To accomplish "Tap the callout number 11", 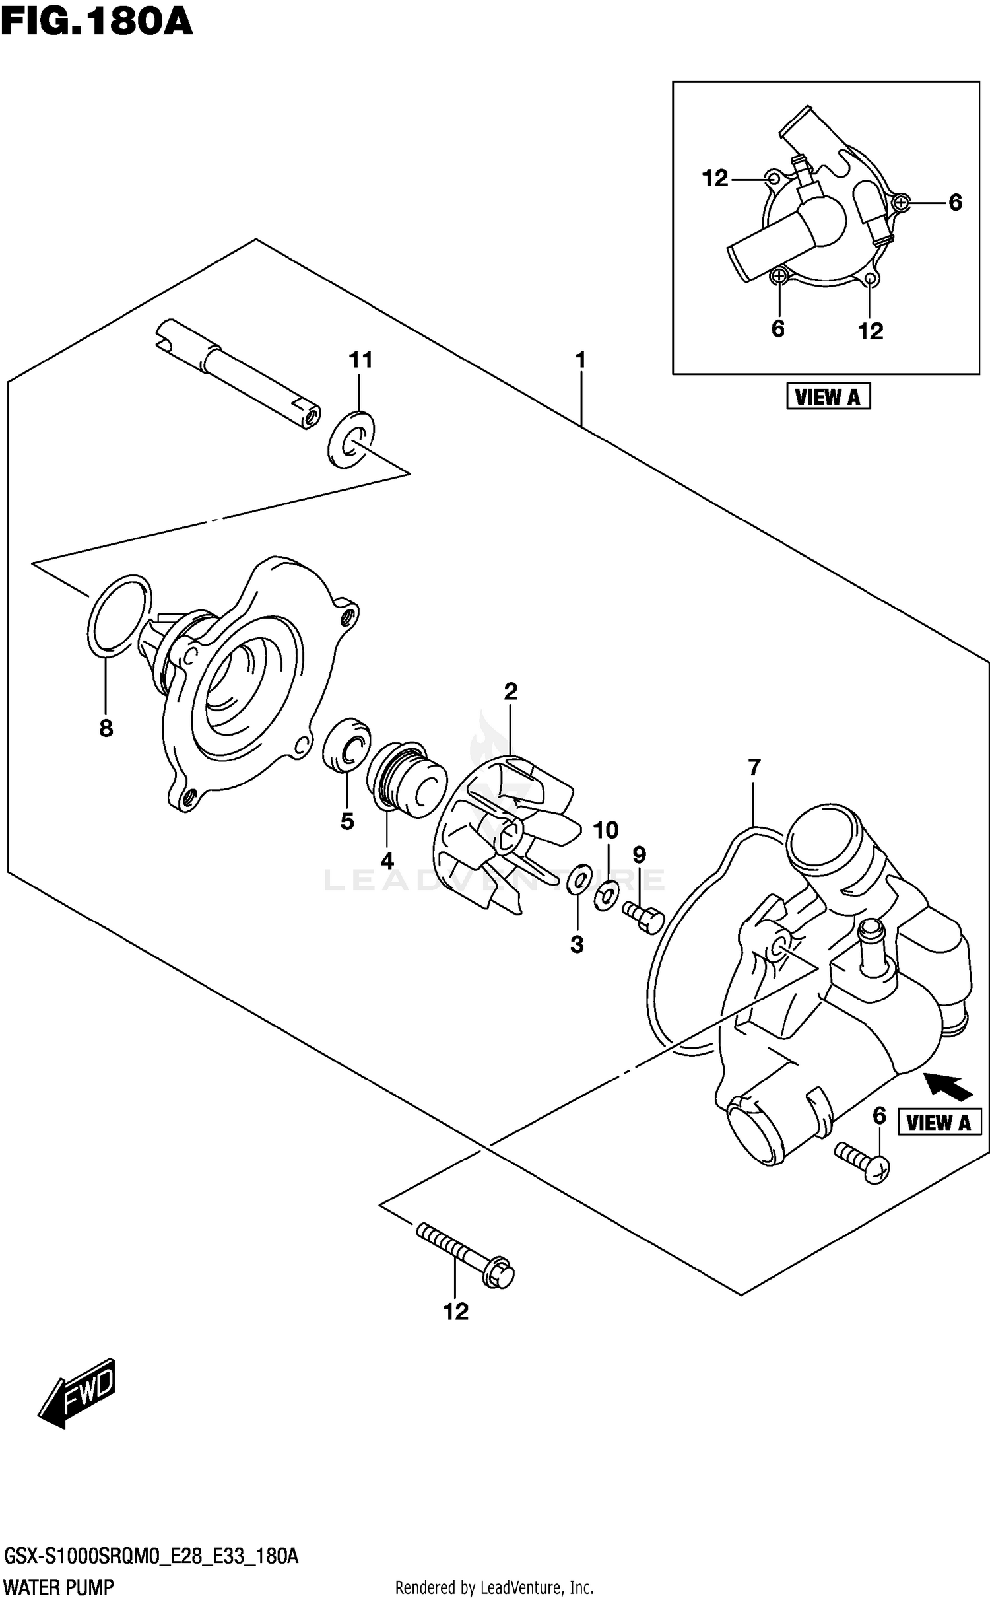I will click(360, 360).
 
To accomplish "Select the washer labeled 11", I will click(350, 438).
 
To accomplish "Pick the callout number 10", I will click(606, 830).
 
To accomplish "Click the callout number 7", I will click(754, 767).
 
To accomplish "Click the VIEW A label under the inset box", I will click(828, 397).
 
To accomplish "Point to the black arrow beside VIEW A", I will click(948, 1086).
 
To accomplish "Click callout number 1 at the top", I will click(580, 360).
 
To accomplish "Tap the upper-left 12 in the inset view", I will click(715, 178).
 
